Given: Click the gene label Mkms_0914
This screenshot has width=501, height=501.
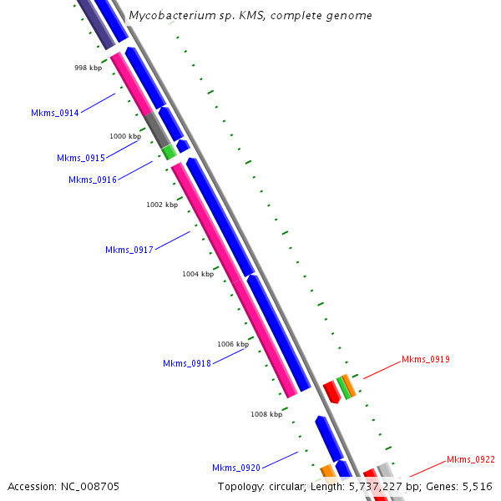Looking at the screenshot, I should [x=54, y=113].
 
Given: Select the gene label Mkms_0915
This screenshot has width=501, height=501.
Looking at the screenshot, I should [x=81, y=158].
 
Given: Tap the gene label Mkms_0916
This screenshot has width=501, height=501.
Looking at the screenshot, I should [x=93, y=180].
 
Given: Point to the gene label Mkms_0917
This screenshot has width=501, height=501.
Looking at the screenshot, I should [x=129, y=250].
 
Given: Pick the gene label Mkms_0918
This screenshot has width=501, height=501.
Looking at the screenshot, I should [x=186, y=363].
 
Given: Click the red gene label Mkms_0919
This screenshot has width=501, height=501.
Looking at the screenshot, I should [x=425, y=360].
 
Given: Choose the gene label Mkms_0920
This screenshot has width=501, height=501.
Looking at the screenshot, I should [x=235, y=468].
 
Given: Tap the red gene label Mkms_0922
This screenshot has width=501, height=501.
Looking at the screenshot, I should [x=470, y=459].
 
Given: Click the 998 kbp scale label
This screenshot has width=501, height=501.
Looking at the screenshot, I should [x=88, y=68].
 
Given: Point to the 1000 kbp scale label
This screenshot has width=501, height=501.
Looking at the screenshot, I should [x=125, y=136].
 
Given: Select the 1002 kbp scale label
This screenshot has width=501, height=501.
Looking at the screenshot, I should [x=162, y=205].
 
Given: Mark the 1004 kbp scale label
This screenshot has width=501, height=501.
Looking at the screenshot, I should [x=198, y=274].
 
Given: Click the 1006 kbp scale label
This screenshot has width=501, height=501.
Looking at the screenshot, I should [x=233, y=344].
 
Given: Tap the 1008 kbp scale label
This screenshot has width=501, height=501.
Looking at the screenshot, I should [x=266, y=414].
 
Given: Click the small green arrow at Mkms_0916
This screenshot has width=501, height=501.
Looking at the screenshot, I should [x=169, y=152].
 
